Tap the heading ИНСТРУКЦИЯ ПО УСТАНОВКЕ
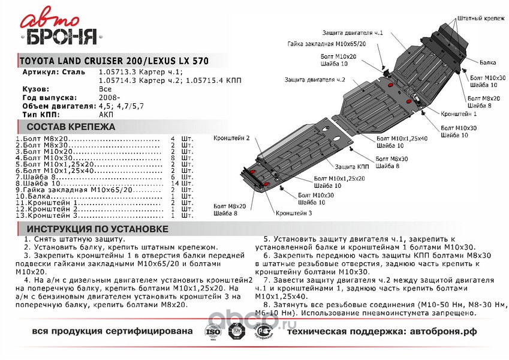(94, 229)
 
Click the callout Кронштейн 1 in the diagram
(459, 113)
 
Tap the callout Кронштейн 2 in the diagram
(231, 137)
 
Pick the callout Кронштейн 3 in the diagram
(294, 213)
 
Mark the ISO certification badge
(213, 331)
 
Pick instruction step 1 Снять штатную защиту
(71, 239)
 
